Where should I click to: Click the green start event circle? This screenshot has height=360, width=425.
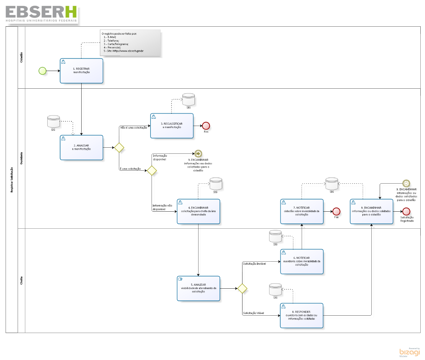43,71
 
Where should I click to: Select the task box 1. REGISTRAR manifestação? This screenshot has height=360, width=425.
82,71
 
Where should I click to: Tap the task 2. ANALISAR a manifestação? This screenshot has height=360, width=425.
82,147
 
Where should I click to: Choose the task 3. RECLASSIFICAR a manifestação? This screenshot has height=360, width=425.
172,126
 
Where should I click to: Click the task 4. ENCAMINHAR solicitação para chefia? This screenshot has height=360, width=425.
199,211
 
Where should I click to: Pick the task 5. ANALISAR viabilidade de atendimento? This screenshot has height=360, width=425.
199,288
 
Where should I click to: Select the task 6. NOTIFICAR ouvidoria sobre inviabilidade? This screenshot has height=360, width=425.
302,261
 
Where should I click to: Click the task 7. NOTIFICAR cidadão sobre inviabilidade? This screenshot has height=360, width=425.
302,211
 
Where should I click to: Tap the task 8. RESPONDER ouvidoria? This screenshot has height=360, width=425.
302,315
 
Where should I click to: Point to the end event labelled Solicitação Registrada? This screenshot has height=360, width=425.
406,211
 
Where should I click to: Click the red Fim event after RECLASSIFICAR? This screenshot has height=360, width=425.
206,126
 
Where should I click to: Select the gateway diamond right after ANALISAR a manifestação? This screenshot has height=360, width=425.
119,147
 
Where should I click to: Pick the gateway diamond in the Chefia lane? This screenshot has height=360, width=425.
242,288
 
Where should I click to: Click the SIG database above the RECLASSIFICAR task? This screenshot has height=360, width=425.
189,100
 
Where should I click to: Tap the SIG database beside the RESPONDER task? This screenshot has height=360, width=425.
275,289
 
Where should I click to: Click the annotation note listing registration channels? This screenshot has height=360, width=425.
130,43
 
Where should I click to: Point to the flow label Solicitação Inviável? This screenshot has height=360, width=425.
254,264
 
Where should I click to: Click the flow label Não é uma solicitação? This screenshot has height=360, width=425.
134,128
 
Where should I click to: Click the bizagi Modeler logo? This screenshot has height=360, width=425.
410,352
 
